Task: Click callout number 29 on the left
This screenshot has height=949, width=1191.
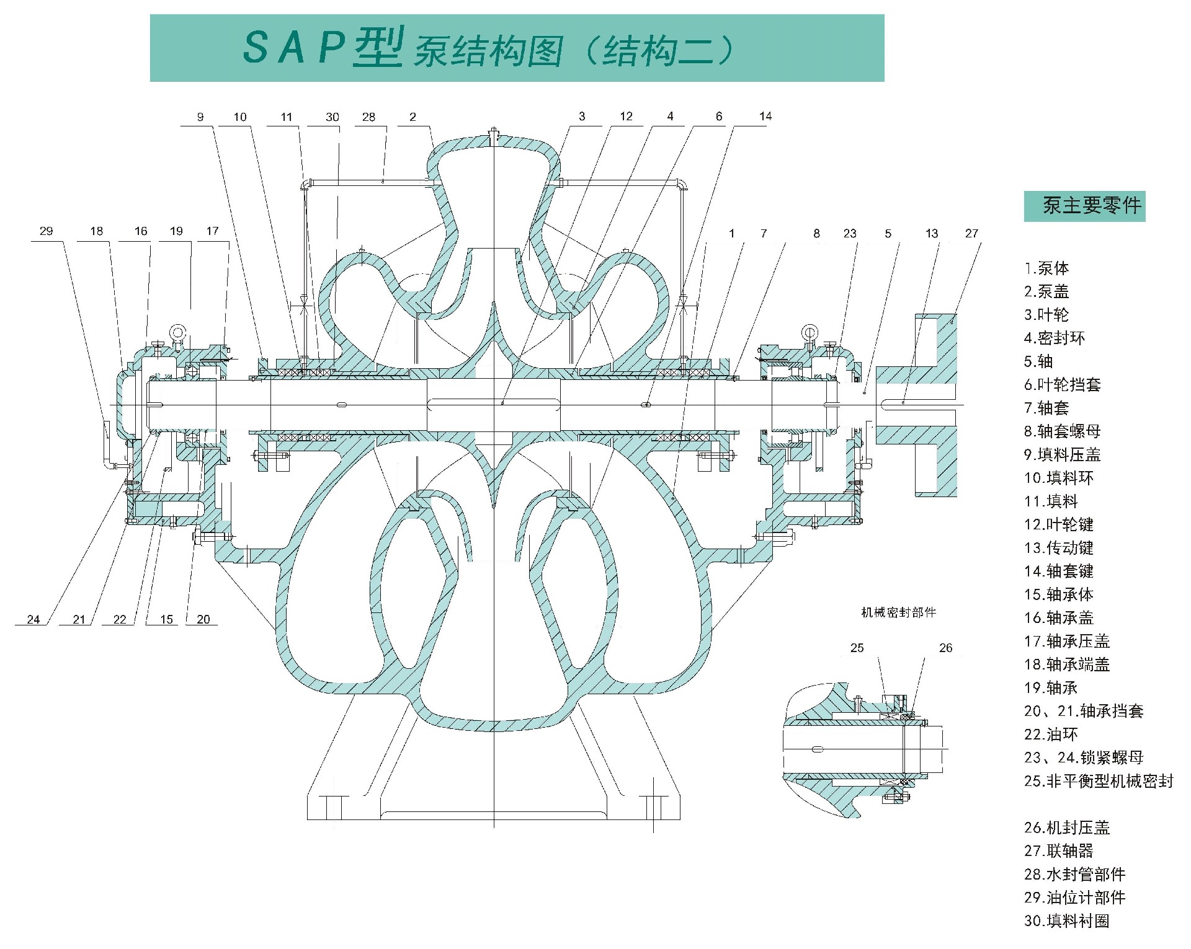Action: point(46,231)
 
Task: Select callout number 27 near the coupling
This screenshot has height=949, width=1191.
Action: point(971,234)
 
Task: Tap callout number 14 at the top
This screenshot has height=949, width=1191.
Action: point(765,117)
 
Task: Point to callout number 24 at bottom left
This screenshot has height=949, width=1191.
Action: point(33,619)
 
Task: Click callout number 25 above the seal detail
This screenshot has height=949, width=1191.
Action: point(857,648)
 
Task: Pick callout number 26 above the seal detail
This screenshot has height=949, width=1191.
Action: point(945,648)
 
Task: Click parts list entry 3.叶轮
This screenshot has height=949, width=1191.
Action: point(1046,315)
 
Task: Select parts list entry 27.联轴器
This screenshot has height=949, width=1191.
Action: point(1058,850)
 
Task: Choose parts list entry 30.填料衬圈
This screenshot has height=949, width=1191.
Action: point(1066,920)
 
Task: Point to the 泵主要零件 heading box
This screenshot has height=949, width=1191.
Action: point(1084,206)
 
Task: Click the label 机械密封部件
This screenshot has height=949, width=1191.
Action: point(898,612)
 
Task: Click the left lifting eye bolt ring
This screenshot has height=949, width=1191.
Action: point(178,332)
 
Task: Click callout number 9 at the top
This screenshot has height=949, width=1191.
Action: point(200,117)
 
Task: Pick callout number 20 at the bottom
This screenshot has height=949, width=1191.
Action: point(203,619)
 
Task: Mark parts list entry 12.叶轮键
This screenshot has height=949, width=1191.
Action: point(1058,524)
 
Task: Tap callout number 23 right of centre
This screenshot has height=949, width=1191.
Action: point(849,234)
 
